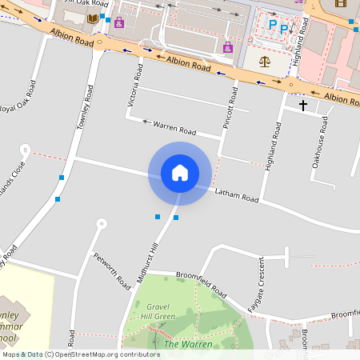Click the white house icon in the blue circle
point(179,172)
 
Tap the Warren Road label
point(175,128)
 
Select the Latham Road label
point(237,194)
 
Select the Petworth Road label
point(112,270)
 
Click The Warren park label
point(188,344)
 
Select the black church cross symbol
point(303,105)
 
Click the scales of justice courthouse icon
point(263,61)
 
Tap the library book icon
point(94,18)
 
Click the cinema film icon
point(342,3)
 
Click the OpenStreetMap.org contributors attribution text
point(106,354)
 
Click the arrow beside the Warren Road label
point(146,122)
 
